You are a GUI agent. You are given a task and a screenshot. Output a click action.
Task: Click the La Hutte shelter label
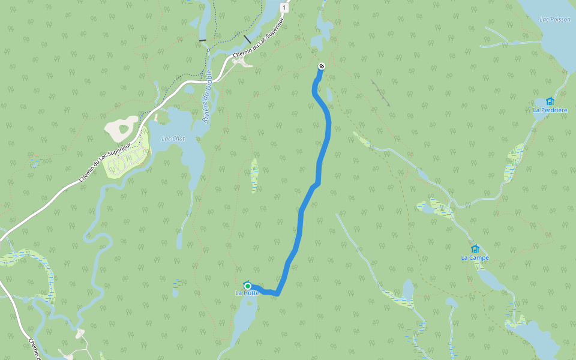click(247, 293)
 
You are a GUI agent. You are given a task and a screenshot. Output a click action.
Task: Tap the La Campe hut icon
click(475, 248)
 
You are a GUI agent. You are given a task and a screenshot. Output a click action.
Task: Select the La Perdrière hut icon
click(550, 101)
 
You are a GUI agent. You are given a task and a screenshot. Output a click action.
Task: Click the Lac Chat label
click(173, 139)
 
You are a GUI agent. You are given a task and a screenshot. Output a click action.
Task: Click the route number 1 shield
click(284, 8)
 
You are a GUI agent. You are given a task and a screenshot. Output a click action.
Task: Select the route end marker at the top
click(322, 66)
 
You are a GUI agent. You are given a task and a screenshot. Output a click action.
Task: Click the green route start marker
click(247, 286)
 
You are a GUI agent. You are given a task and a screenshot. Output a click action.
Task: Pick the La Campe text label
click(475, 258)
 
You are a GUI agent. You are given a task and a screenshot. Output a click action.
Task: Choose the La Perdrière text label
click(550, 110)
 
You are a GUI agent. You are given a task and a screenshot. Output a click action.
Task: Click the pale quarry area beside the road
click(122, 127)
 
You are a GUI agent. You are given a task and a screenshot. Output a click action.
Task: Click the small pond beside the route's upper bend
click(329, 94)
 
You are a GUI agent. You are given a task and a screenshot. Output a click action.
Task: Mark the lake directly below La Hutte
click(245, 318)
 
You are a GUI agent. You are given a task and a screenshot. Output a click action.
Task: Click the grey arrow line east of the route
click(380, 93)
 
